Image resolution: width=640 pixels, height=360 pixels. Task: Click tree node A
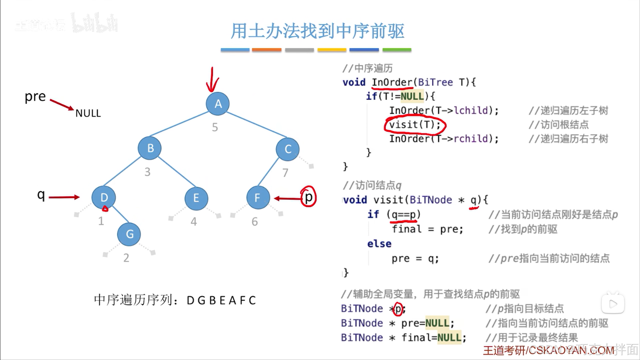pyautogui.click(x=217, y=104)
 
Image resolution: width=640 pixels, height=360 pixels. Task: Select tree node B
pyautogui.click(x=150, y=148)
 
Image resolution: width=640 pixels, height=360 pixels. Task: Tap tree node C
pyautogui.click(x=287, y=149)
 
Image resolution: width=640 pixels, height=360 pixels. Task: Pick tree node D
pyautogui.click(x=104, y=198)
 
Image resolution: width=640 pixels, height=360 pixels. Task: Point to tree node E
pyautogui.click(x=196, y=198)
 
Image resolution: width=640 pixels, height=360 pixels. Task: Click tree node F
pyautogui.click(x=258, y=198)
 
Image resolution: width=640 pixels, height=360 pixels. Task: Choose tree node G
pyautogui.click(x=129, y=234)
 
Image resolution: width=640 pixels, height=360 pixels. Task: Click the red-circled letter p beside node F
pyautogui.click(x=308, y=197)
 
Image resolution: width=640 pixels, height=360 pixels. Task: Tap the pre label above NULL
pyautogui.click(x=35, y=96)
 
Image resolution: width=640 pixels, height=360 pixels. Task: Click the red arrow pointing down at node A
pyautogui.click(x=212, y=80)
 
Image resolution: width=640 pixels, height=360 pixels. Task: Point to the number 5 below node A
pyautogui.click(x=215, y=127)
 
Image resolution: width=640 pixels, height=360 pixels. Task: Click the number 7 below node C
pyautogui.click(x=285, y=173)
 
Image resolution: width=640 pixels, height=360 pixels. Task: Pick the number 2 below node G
pyautogui.click(x=126, y=258)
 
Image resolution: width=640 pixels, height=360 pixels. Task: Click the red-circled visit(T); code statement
pyautogui.click(x=415, y=125)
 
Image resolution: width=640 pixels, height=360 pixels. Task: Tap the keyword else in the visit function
pyautogui.click(x=379, y=244)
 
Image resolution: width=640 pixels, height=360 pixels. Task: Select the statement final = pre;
pyautogui.click(x=428, y=229)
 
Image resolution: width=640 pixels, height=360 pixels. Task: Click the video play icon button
pyautogui.click(x=613, y=304)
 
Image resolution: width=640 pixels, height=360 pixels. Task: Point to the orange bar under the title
pyautogui.click(x=266, y=50)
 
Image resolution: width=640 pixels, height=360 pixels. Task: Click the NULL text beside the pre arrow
pyautogui.click(x=88, y=113)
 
